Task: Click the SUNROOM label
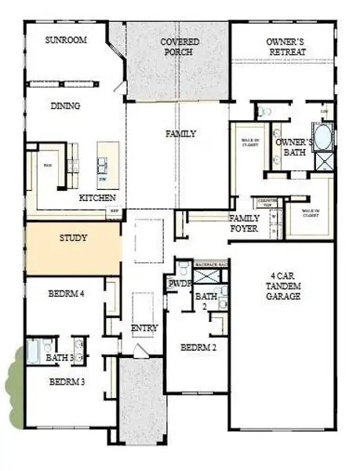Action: coord(65,40)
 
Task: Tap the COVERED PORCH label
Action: coord(180,46)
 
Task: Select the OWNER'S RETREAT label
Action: coord(285,46)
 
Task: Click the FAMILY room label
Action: coord(180,134)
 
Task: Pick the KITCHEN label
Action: coord(98,198)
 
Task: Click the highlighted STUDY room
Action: coord(73,248)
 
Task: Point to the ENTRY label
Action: coord(145,328)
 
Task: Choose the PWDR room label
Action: coord(176,284)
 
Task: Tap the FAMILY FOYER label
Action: coord(245,224)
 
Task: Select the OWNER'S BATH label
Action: coord(294,148)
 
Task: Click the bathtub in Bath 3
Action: coord(36,351)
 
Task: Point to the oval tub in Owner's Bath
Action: coord(323,137)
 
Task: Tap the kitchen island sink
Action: coord(103,164)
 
